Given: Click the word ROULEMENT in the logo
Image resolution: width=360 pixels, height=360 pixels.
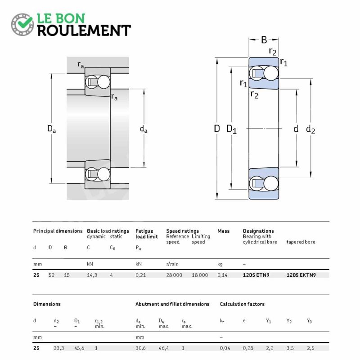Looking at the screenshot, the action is [x=84, y=31].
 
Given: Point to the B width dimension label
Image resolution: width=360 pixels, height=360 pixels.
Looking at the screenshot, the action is [x=264, y=40].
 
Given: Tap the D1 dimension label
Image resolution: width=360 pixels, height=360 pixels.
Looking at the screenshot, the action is [x=231, y=129].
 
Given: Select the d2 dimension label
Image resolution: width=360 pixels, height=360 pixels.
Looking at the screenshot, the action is [x=310, y=130].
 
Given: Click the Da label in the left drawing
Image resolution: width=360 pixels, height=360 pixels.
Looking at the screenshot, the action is [x=51, y=129].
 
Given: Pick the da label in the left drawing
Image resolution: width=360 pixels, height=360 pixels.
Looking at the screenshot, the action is [x=144, y=129].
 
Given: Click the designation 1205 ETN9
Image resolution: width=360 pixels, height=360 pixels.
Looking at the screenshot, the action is [x=256, y=275].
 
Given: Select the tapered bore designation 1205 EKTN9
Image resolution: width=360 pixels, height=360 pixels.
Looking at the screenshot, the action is [x=301, y=275].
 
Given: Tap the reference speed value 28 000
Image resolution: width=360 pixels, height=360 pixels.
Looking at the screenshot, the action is [x=174, y=275].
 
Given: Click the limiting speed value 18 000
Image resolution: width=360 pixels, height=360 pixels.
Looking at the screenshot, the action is [x=200, y=275].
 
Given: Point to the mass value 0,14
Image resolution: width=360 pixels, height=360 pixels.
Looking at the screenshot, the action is [x=222, y=275].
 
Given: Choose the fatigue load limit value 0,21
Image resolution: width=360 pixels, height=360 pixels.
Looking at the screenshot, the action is [x=140, y=275].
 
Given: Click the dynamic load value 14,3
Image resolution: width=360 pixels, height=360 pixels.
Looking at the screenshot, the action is [x=92, y=275].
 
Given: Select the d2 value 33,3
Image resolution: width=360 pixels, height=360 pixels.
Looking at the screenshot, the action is [x=59, y=348].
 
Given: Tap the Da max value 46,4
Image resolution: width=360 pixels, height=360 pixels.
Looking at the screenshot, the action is [x=164, y=348].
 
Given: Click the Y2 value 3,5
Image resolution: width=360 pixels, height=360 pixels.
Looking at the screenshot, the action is [x=290, y=348].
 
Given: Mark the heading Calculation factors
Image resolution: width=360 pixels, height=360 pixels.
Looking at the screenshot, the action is [x=242, y=304].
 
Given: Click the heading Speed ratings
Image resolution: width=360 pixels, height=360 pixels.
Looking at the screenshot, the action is [x=183, y=231].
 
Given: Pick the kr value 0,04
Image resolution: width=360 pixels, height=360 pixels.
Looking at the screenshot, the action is [x=225, y=348].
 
